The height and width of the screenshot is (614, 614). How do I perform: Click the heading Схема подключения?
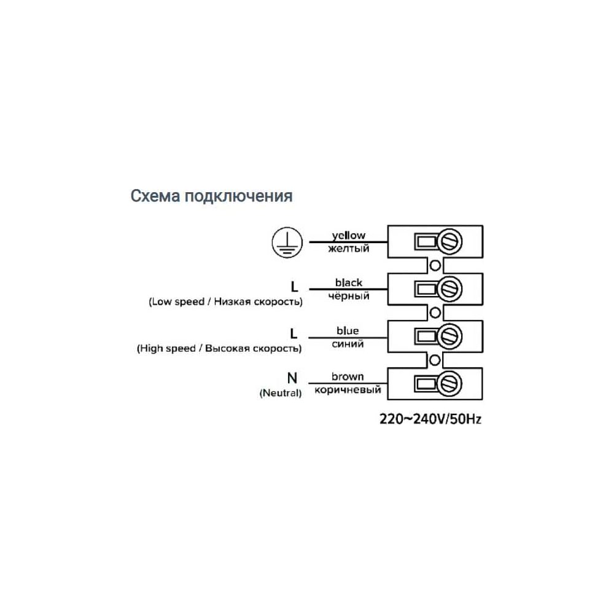pos(211,196)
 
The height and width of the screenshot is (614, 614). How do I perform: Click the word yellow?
pos(348,235)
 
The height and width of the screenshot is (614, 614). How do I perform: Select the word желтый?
pos(348,249)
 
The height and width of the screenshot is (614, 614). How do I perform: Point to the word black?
pos(348,283)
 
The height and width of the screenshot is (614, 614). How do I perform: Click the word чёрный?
pos(348,297)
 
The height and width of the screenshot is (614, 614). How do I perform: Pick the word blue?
pos(348,331)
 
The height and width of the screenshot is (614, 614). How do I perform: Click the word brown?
pos(348,376)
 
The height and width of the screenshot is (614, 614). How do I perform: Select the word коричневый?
pos(348,391)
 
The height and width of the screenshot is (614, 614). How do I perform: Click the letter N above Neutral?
pos(292,379)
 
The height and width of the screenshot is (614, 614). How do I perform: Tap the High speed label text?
pos(219,349)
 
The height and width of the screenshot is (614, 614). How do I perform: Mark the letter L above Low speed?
pos(294,287)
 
